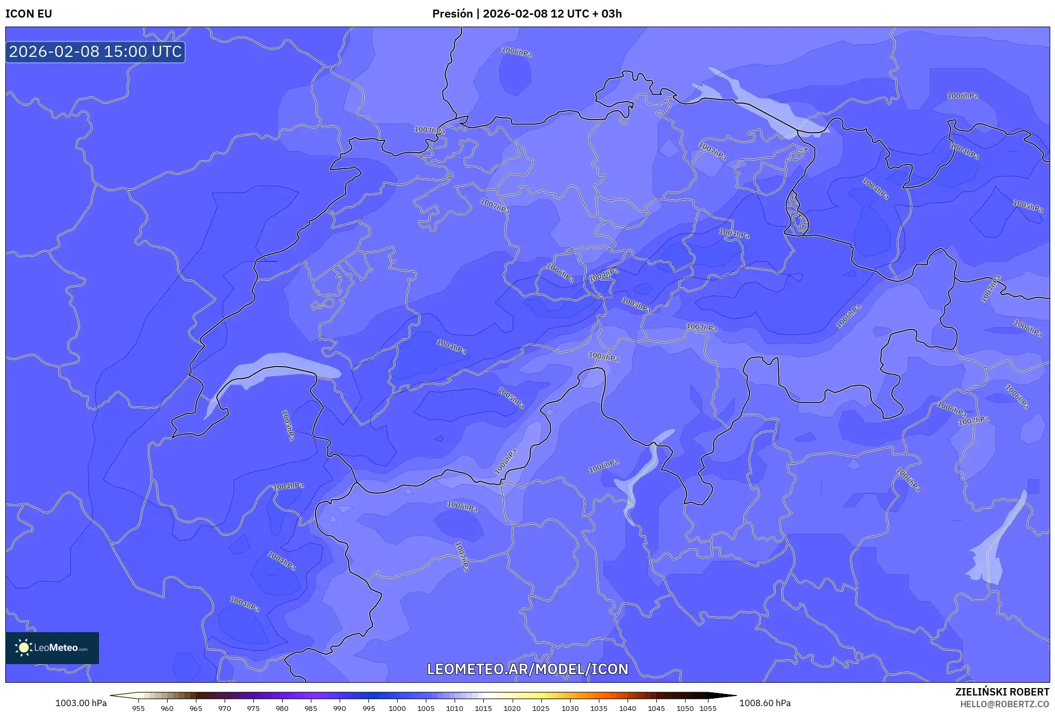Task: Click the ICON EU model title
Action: coord(29,14)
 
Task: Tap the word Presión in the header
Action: coord(452,14)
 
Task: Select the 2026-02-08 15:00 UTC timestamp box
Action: coord(95,52)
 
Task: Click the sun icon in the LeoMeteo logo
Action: coord(23,648)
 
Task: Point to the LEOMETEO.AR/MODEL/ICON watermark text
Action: coord(527,669)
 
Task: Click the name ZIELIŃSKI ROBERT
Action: coord(1002,692)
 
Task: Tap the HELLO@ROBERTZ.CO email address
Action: coord(1004,704)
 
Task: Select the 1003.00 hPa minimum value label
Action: coord(81,703)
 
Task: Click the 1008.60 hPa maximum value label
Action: coord(765,703)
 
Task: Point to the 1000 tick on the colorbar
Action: coord(397,708)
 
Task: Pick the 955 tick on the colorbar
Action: coord(138,708)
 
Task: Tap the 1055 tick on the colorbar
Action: coord(708,708)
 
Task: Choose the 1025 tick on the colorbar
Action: coord(541,708)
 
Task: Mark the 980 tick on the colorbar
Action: coord(282,708)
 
